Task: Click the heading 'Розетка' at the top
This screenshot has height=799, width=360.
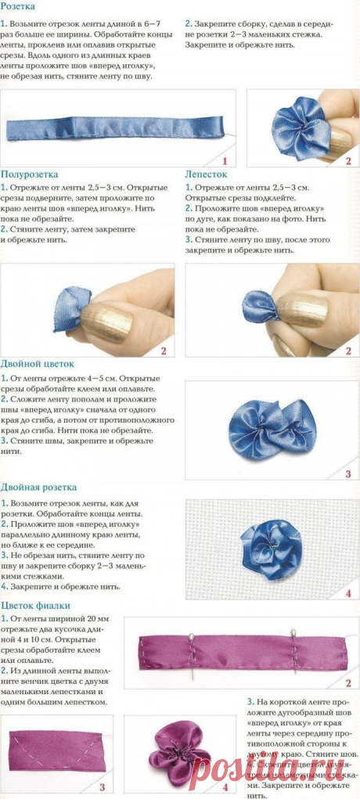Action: tap(18, 6)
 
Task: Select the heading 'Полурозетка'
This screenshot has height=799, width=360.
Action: tap(30, 175)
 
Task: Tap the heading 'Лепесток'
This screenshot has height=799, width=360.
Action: tap(206, 175)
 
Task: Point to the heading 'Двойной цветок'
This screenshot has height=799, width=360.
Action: tap(38, 364)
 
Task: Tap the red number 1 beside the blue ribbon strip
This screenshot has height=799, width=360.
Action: tap(224, 160)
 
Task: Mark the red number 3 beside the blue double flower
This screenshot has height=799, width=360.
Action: tap(348, 473)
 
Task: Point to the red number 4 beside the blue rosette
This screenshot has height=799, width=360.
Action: tap(348, 592)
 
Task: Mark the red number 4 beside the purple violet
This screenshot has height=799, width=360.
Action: tap(225, 786)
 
